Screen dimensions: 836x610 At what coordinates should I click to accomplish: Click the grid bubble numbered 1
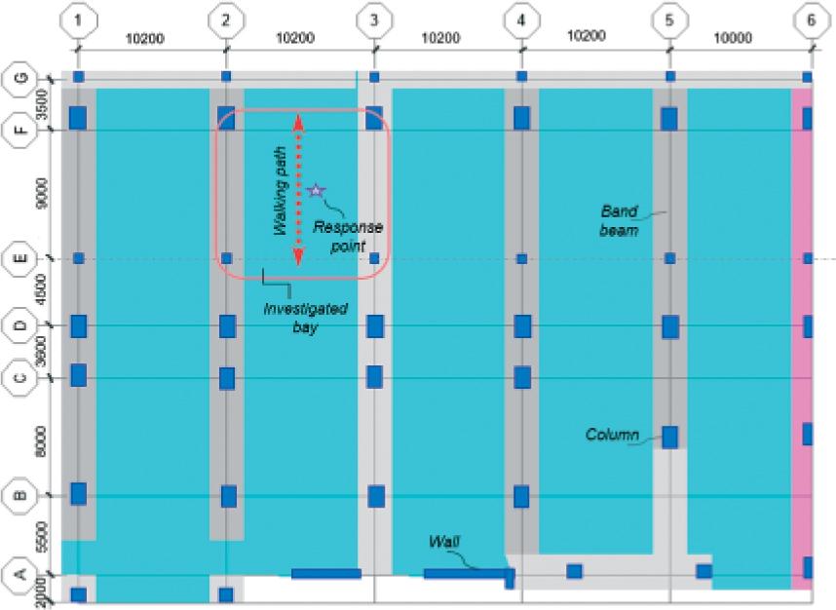pos(78,20)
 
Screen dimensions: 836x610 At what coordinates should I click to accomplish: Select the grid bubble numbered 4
pos(521,20)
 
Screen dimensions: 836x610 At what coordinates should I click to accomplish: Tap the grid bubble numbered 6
pos(812,20)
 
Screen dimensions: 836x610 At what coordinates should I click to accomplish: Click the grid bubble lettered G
pos(21,78)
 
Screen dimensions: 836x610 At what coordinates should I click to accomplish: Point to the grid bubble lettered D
pos(21,324)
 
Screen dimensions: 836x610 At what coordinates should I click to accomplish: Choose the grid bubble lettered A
pos(20,574)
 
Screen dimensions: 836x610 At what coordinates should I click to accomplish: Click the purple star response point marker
pos(316,190)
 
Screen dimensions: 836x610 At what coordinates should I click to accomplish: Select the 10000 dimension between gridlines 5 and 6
pos(733,38)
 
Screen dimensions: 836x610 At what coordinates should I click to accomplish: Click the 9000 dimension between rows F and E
pos(42,194)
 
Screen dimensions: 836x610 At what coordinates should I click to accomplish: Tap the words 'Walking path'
pos(281,191)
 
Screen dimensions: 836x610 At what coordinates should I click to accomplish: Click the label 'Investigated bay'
pos(305,318)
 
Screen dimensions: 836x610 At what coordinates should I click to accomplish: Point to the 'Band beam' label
pos(619,221)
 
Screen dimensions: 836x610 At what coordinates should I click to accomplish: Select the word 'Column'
pos(612,435)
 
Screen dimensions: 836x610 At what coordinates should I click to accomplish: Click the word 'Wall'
pos(444,542)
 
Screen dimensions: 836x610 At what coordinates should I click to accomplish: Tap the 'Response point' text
pos(348,236)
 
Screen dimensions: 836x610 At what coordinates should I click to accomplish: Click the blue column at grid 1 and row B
pos(78,494)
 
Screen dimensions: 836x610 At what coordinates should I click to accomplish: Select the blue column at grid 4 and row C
pos(522,377)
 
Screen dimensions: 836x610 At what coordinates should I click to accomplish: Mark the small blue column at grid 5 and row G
pos(670,77)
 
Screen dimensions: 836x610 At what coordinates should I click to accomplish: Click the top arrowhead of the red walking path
pos(298,122)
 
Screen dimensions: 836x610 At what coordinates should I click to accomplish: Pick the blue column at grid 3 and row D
pos(375,326)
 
